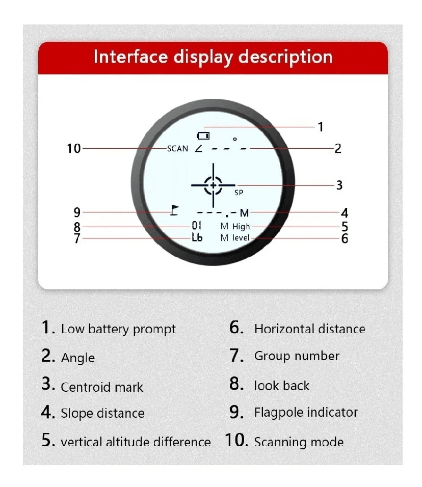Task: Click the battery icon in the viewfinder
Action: click(203, 136)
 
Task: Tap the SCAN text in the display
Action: click(177, 149)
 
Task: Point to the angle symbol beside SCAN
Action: click(199, 149)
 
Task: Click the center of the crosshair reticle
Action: click(213, 185)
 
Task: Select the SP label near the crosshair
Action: click(239, 193)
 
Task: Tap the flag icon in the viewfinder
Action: click(175, 210)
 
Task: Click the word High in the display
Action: click(241, 227)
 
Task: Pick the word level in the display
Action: click(241, 238)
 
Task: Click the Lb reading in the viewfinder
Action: click(197, 237)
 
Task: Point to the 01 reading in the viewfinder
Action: click(196, 226)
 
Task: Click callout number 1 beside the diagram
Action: click(321, 127)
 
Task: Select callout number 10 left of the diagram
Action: click(74, 148)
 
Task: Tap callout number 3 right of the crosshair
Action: click(339, 185)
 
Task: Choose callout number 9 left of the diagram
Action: click(77, 212)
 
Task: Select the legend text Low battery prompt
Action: click(118, 329)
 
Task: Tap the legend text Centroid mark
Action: click(102, 387)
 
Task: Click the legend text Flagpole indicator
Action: click(306, 413)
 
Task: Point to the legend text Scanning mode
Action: click(299, 442)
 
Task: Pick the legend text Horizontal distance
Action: click(310, 329)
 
